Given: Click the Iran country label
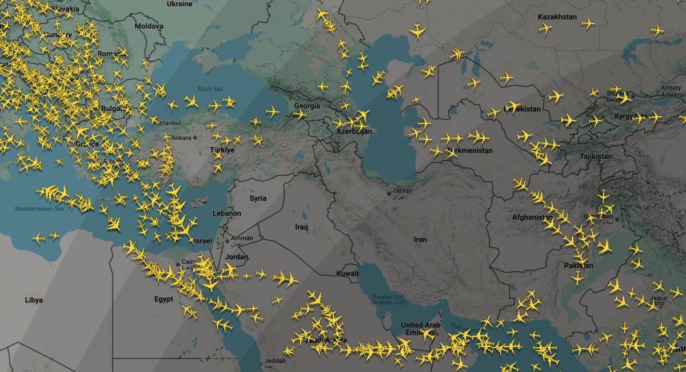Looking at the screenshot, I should pyautogui.click(x=420, y=240).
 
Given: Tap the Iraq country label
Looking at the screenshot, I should pyautogui.click(x=301, y=227).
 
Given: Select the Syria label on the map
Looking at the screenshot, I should pyautogui.click(x=258, y=199).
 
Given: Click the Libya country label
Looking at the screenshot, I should pyautogui.click(x=34, y=300).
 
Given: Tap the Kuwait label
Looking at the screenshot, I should pyautogui.click(x=348, y=274).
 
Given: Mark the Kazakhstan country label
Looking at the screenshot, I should pyautogui.click(x=557, y=17).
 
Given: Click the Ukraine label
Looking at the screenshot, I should pyautogui.click(x=179, y=4).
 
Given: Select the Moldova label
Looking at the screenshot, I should pyautogui.click(x=149, y=26).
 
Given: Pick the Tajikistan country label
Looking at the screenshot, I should pyautogui.click(x=595, y=156).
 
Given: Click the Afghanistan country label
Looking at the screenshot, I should pyautogui.click(x=532, y=217).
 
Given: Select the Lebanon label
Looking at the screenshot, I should pyautogui.click(x=227, y=213).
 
